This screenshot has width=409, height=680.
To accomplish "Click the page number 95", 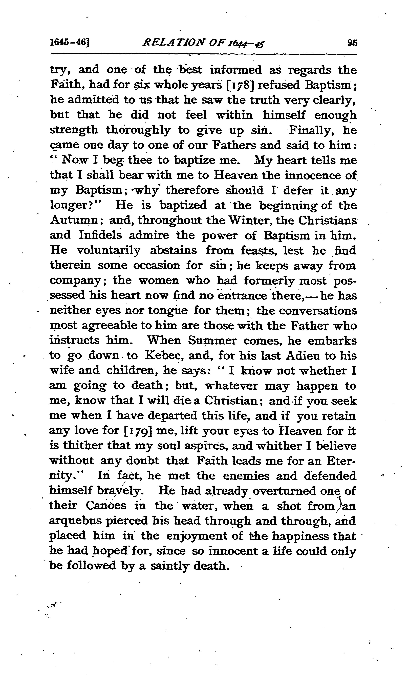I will tap(352, 43).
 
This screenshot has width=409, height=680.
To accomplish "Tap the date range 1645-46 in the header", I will tap(70, 43).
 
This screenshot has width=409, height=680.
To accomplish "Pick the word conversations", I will tap(318, 310).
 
